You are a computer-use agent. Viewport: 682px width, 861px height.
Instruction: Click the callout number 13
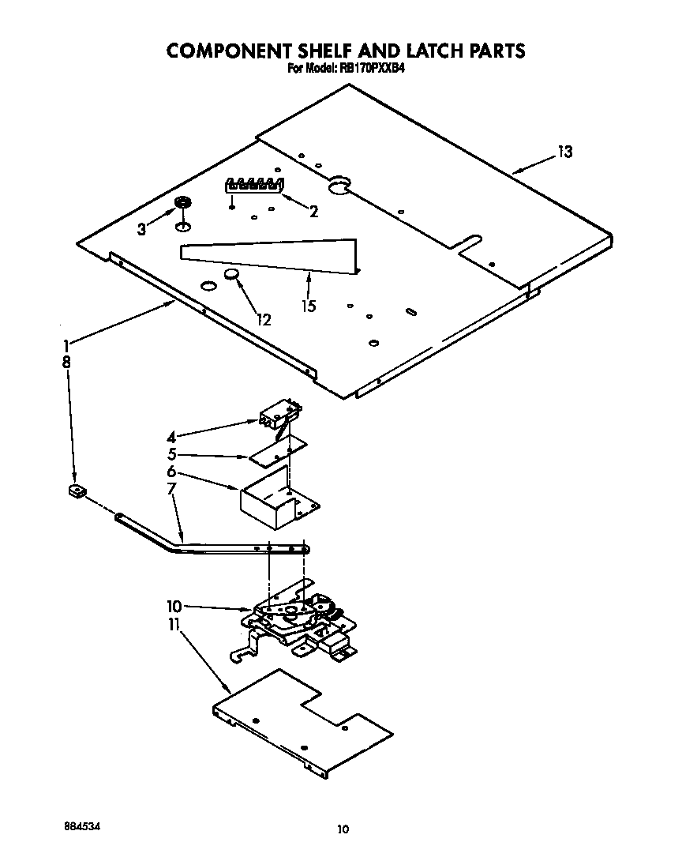click(564, 152)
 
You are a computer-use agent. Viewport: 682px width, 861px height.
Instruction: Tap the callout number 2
click(314, 211)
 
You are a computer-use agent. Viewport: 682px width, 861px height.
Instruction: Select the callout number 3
click(142, 229)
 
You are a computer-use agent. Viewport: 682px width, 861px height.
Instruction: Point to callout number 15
click(309, 306)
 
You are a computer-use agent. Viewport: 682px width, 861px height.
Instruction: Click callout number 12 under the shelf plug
click(263, 319)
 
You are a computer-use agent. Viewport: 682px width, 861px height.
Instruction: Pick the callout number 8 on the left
click(66, 362)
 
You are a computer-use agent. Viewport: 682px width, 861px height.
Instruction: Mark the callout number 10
click(174, 607)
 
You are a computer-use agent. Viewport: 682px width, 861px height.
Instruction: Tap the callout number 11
click(174, 625)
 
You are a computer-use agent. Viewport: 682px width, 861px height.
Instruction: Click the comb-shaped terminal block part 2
click(253, 186)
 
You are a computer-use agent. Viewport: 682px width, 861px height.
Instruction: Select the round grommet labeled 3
click(182, 204)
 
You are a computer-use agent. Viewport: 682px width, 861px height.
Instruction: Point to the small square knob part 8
click(77, 493)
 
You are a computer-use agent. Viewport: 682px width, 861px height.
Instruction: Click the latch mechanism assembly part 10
click(296, 620)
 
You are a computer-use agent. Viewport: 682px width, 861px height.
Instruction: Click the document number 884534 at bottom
click(81, 825)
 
